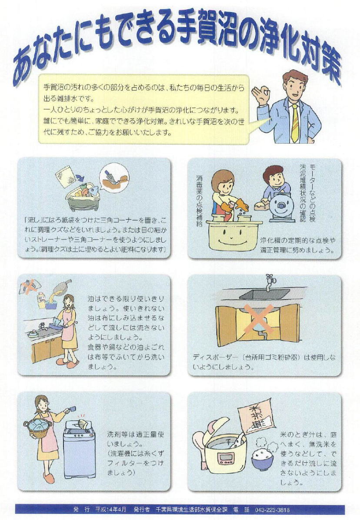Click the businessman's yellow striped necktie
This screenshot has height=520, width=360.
[294, 123]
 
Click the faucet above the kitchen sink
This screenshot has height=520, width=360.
[270, 282]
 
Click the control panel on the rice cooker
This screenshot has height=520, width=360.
[225, 459]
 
